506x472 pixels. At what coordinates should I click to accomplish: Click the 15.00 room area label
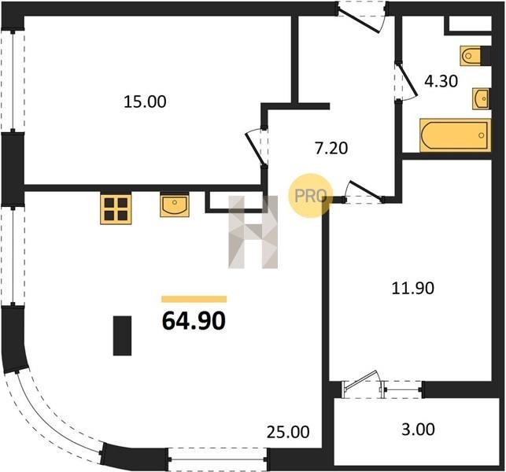coord(146,101)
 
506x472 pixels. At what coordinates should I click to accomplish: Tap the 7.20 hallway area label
coord(331,149)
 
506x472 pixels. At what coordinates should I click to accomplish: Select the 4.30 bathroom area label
coord(441,81)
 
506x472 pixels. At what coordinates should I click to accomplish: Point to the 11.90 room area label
coord(412,288)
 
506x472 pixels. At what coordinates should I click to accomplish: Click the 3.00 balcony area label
coord(418,430)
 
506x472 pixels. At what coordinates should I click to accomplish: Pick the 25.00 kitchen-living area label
coord(288,432)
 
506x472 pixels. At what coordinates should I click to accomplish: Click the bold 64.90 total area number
coord(194,321)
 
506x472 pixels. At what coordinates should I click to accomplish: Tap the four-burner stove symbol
coord(116,208)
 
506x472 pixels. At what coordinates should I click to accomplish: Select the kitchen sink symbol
coord(174,205)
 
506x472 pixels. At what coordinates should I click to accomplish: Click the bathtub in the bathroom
coord(455,135)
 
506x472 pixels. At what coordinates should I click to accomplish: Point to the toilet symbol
coord(471,56)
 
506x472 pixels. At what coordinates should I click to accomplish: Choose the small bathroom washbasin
coord(481,98)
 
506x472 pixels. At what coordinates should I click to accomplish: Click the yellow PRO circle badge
coord(310,196)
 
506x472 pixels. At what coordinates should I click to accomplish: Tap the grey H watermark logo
coord(253,232)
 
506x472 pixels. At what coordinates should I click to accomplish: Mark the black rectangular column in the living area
coord(122,336)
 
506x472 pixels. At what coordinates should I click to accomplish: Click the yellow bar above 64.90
coord(194,299)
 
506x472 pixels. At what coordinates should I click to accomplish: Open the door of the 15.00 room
coord(257,147)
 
